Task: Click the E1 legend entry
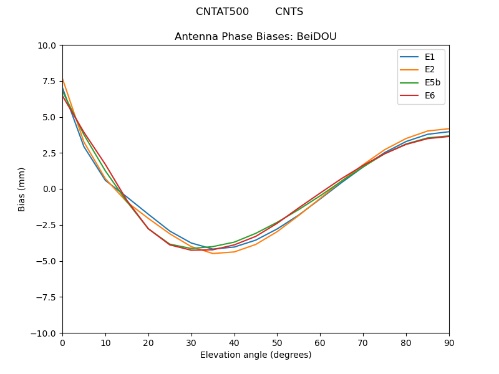pyautogui.click(x=430, y=57)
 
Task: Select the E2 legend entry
pyautogui.click(x=430, y=70)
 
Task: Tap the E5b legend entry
pyautogui.click(x=433, y=83)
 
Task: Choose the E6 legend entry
pyautogui.click(x=430, y=96)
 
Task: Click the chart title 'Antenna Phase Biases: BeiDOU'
pyautogui.click(x=256, y=37)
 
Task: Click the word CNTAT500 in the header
pyautogui.click(x=222, y=12)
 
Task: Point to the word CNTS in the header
pyautogui.click(x=289, y=12)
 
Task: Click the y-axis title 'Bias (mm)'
pyautogui.click(x=22, y=189)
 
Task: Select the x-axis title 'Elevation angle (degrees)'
pyautogui.click(x=256, y=355)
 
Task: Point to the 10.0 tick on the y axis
pyautogui.click(x=47, y=46)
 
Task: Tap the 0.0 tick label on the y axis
pyautogui.click(x=49, y=189)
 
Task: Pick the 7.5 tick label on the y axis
pyautogui.click(x=49, y=82)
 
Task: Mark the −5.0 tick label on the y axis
pyautogui.click(x=46, y=261)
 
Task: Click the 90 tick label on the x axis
pyautogui.click(x=449, y=343)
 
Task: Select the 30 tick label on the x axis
pyautogui.click(x=191, y=343)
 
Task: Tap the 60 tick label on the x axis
pyautogui.click(x=320, y=343)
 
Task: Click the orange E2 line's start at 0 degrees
pyautogui.click(x=62, y=79)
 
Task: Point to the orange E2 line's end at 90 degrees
pyautogui.click(x=449, y=128)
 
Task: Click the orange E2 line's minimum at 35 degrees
pyautogui.click(x=213, y=254)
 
